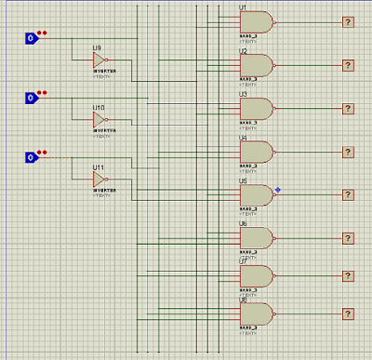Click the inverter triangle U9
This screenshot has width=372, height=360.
(99, 61)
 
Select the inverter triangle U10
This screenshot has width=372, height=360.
(99, 121)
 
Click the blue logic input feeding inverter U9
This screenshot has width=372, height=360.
(30, 38)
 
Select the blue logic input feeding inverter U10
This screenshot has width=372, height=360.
(30, 98)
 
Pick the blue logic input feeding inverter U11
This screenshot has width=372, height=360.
(30, 158)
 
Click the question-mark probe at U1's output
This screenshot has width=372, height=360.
(348, 21)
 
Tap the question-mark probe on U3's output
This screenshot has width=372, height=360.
(348, 108)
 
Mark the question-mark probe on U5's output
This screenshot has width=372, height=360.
(348, 194)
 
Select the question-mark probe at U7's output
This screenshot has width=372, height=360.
(348, 276)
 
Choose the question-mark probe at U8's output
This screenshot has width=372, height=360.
(348, 313)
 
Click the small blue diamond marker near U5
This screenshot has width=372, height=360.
(277, 190)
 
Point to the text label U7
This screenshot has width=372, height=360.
(243, 262)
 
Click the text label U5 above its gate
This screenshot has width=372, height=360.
(243, 181)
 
